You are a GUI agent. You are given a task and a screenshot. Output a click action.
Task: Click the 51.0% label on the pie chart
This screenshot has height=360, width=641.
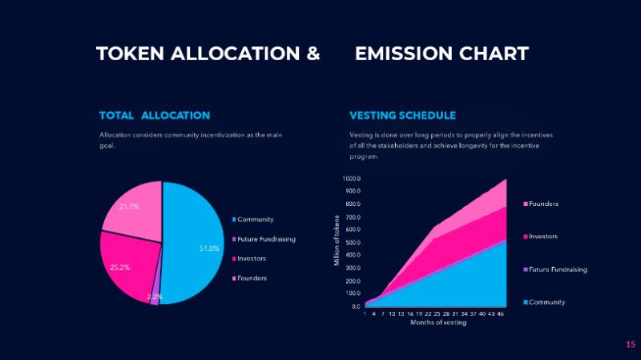(x=209, y=249)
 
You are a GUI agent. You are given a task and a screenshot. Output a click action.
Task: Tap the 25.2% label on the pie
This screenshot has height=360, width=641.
(x=120, y=267)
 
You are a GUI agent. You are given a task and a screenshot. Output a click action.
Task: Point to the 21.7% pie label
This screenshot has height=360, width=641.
(x=129, y=206)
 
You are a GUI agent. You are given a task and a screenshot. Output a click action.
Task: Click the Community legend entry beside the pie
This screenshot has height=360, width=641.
(x=256, y=220)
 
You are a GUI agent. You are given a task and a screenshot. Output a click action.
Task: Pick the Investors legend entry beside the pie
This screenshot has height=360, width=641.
(x=252, y=258)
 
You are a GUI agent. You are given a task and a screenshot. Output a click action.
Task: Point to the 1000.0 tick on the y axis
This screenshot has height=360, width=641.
(x=352, y=179)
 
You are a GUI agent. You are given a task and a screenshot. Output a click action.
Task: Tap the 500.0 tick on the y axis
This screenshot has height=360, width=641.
(x=353, y=243)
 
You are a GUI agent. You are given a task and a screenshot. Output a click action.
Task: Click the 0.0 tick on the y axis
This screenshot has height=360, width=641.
(x=356, y=306)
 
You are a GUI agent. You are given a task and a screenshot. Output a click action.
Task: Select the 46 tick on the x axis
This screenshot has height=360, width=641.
(x=500, y=313)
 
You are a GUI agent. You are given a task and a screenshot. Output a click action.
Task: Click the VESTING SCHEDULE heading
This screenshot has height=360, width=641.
(x=403, y=115)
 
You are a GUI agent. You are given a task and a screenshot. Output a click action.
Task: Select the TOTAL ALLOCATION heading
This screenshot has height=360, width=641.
(x=155, y=115)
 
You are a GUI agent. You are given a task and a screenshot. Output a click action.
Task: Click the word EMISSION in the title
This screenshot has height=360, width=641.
(x=403, y=54)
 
